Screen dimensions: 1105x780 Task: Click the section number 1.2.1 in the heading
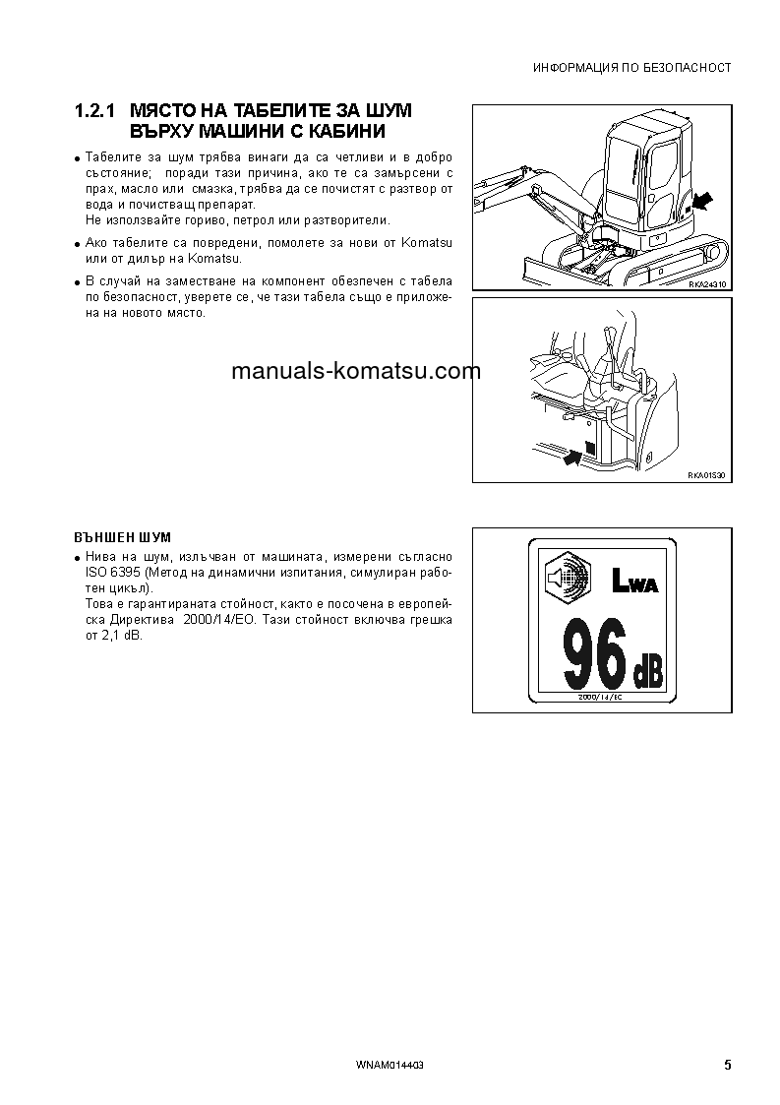coord(96,110)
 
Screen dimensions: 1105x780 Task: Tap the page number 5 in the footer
coord(727,1065)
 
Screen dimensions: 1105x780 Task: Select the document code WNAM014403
coord(390,1066)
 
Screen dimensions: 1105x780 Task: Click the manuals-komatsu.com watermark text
coord(356,371)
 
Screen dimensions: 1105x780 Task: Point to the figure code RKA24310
coord(707,283)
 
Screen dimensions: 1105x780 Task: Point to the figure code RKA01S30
coord(707,475)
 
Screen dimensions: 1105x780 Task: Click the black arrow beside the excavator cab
coord(700,202)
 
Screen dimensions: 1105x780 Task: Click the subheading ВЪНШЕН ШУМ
coord(123,537)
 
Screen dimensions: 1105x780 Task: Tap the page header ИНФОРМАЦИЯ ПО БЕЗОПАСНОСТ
coord(631,68)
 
